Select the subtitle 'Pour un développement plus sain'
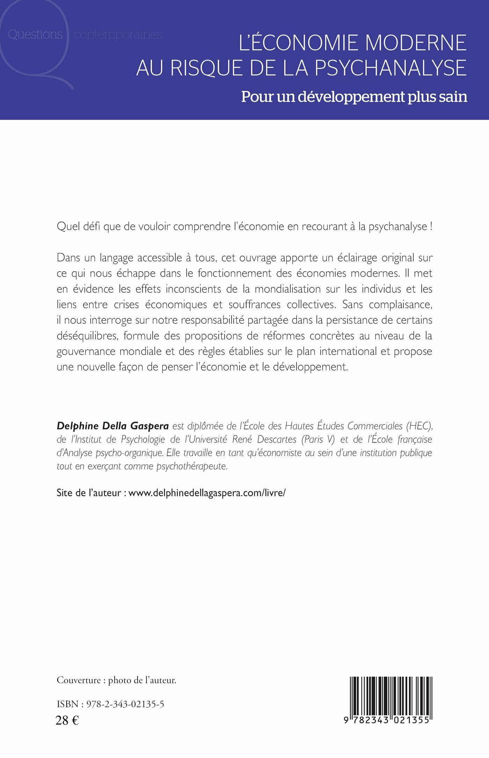coord(354,97)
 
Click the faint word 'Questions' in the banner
coord(35,35)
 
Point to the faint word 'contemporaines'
coord(118,35)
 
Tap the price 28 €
coord(67,720)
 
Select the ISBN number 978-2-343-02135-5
coord(125,704)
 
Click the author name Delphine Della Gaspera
coord(113,426)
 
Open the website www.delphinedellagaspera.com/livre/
coord(207,493)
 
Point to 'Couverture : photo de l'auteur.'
coord(116,680)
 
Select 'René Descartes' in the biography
coord(264,439)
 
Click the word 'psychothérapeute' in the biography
coord(192,466)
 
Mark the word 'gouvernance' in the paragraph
coord(86,351)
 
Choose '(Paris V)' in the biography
coord(318,439)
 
